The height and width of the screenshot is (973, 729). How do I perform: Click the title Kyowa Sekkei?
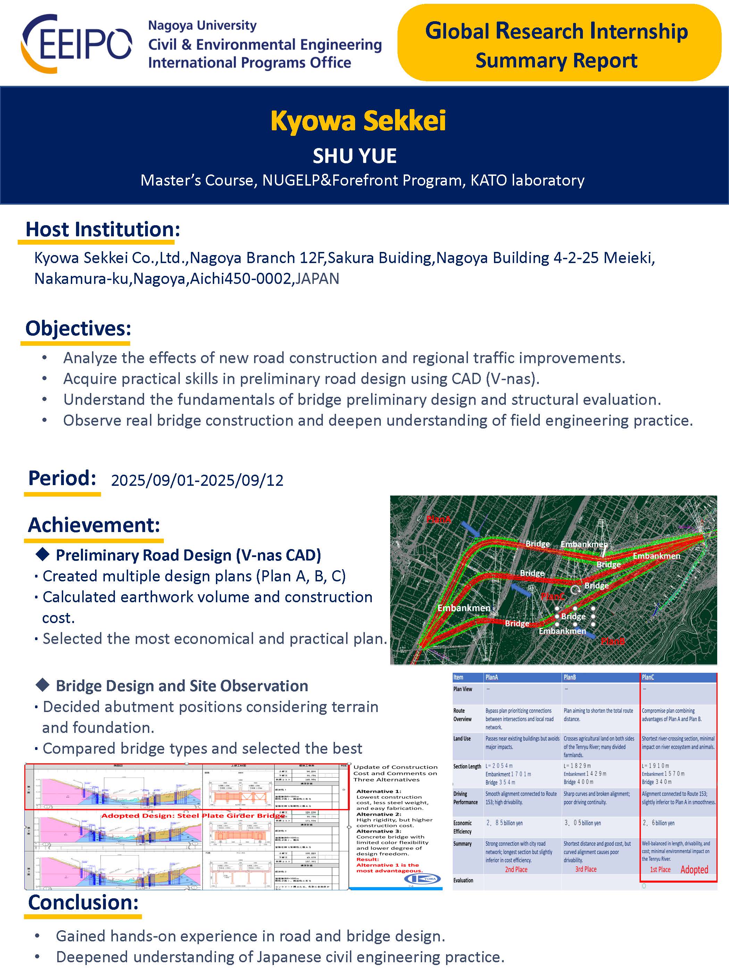pos(358,121)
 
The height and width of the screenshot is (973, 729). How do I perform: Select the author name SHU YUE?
pos(355,156)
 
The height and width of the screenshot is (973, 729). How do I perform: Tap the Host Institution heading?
pos(102,229)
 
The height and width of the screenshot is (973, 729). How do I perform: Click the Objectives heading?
pos(78,328)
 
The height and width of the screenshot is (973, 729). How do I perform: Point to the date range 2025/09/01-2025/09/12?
pos(197,480)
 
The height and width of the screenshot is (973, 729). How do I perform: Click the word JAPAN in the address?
pos(317,279)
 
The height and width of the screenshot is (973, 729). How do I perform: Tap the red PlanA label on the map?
pos(438,519)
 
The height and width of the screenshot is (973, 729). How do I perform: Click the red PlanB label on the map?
pos(613,641)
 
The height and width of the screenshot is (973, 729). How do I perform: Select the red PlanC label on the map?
pos(552,596)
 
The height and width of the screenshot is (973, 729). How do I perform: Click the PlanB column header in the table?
pos(570,677)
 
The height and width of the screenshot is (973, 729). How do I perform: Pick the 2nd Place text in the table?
pos(516,870)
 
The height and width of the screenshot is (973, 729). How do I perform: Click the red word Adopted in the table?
pos(694,870)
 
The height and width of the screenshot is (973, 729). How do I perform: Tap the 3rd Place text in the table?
pos(586,870)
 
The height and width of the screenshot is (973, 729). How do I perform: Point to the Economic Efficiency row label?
pos(462,827)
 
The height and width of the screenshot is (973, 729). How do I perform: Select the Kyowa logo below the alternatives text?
pos(421,878)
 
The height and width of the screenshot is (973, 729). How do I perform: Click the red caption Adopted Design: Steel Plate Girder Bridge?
pos(193,816)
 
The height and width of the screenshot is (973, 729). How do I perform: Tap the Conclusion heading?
pos(83,902)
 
